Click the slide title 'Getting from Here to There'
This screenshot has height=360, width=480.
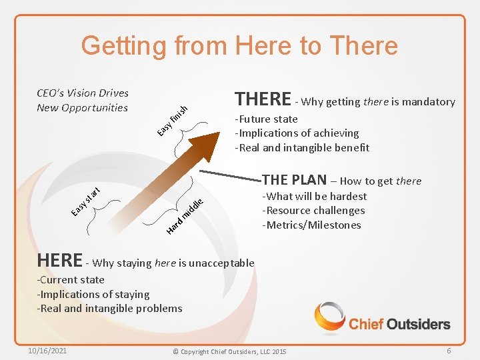coord(239,46)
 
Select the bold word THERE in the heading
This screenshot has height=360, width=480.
coord(263,99)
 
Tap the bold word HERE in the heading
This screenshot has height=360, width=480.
coord(60,259)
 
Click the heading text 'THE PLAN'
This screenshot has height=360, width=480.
coord(294,180)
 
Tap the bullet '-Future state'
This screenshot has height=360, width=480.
coord(266,119)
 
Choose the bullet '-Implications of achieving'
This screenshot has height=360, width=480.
coord(297,133)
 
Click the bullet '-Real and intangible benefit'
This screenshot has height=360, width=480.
coord(301,147)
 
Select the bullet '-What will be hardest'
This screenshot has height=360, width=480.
coord(315,196)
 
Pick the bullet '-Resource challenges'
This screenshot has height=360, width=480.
coord(313,211)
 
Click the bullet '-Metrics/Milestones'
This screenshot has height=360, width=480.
coord(311,225)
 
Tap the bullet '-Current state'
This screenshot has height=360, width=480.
coord(71,280)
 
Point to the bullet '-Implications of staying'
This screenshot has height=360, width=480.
coord(93,294)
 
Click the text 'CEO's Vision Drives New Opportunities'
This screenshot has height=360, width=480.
coord(83,100)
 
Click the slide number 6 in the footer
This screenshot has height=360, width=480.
coord(449,351)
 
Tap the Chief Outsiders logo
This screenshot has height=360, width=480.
coord(383,318)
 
